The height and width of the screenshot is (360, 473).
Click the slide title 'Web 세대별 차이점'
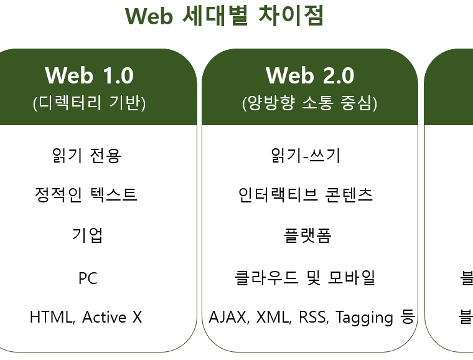pyautogui.click(x=224, y=16)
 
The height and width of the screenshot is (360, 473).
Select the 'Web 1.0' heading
pyautogui.click(x=89, y=75)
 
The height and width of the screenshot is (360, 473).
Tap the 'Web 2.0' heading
pyautogui.click(x=309, y=75)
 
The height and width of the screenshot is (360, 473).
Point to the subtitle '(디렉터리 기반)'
pyautogui.click(x=89, y=103)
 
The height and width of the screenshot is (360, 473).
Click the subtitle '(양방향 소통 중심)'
pyautogui.click(x=309, y=103)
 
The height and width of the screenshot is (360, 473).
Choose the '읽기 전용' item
pyautogui.click(x=87, y=154)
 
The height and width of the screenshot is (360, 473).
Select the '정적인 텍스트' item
pyautogui.click(x=86, y=195)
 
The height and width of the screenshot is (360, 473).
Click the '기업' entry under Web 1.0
pyautogui.click(x=87, y=235)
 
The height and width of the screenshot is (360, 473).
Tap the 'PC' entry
pyautogui.click(x=88, y=278)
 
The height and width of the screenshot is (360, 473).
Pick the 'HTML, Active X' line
pyautogui.click(x=86, y=317)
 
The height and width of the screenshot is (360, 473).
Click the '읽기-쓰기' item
pyautogui.click(x=306, y=155)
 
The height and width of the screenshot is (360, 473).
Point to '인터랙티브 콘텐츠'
pyautogui.click(x=306, y=195)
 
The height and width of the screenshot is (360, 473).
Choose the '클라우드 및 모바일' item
pyautogui.click(x=305, y=277)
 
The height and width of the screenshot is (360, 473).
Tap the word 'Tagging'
pyautogui.click(x=365, y=318)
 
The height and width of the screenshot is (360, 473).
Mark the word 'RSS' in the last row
pyautogui.click(x=312, y=318)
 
